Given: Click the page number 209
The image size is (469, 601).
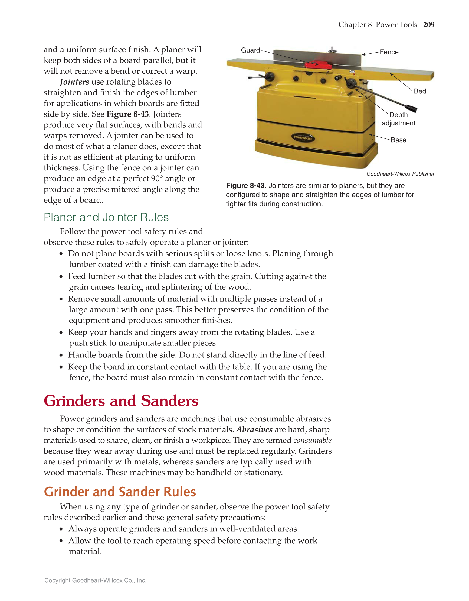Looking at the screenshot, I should click(429, 25).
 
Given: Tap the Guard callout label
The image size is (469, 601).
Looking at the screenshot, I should click(250, 50).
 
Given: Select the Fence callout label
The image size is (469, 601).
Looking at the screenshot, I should click(389, 52).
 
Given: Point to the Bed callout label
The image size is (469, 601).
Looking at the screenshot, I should click(420, 91).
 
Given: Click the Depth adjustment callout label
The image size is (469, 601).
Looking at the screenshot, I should click(398, 119).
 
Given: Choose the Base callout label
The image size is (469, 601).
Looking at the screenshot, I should click(398, 140).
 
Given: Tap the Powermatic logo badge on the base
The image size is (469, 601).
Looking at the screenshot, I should click(303, 137).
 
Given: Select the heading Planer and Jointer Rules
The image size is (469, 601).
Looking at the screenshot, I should click(106, 217).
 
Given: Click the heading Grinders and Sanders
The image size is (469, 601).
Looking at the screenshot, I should click(121, 401).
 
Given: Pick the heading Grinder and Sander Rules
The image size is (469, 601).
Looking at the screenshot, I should click(120, 492).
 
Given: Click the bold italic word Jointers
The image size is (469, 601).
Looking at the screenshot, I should click(74, 82).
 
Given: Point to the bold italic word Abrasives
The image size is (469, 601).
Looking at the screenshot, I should click(254, 429).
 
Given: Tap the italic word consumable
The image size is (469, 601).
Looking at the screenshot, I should click(312, 440).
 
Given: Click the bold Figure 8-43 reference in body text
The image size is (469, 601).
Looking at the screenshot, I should click(127, 114).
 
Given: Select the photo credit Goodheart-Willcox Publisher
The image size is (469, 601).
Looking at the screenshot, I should click(400, 174).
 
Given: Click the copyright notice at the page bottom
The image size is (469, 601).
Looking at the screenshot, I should click(95, 580).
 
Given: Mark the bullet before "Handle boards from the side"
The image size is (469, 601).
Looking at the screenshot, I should click(61, 355).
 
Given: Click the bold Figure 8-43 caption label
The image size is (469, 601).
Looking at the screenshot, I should click(246, 186).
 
